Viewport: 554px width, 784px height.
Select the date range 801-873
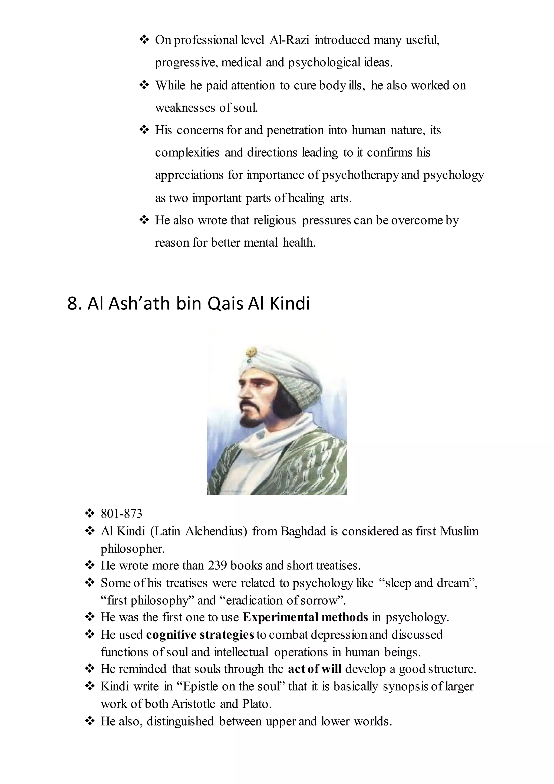click(121, 514)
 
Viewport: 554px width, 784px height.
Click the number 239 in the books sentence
click(217, 566)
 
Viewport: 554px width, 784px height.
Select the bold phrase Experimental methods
click(305, 617)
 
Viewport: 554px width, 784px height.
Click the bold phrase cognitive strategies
click(200, 635)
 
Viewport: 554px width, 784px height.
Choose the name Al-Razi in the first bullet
click(289, 40)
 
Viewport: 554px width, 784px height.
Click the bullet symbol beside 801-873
click(89, 513)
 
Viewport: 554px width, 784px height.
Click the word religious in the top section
click(275, 221)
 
